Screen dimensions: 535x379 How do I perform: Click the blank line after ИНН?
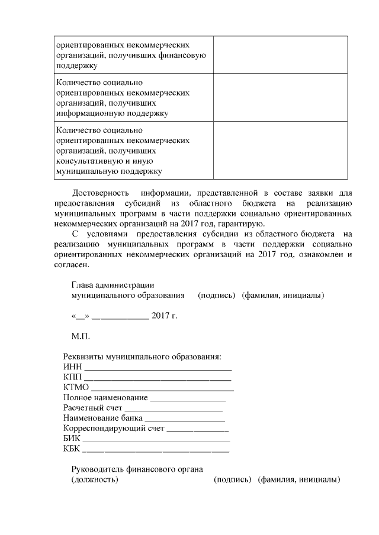tap(157, 369)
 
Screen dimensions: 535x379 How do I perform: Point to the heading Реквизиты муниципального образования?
tap(142, 358)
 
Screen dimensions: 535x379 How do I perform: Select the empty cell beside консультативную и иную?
tap(280, 150)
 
